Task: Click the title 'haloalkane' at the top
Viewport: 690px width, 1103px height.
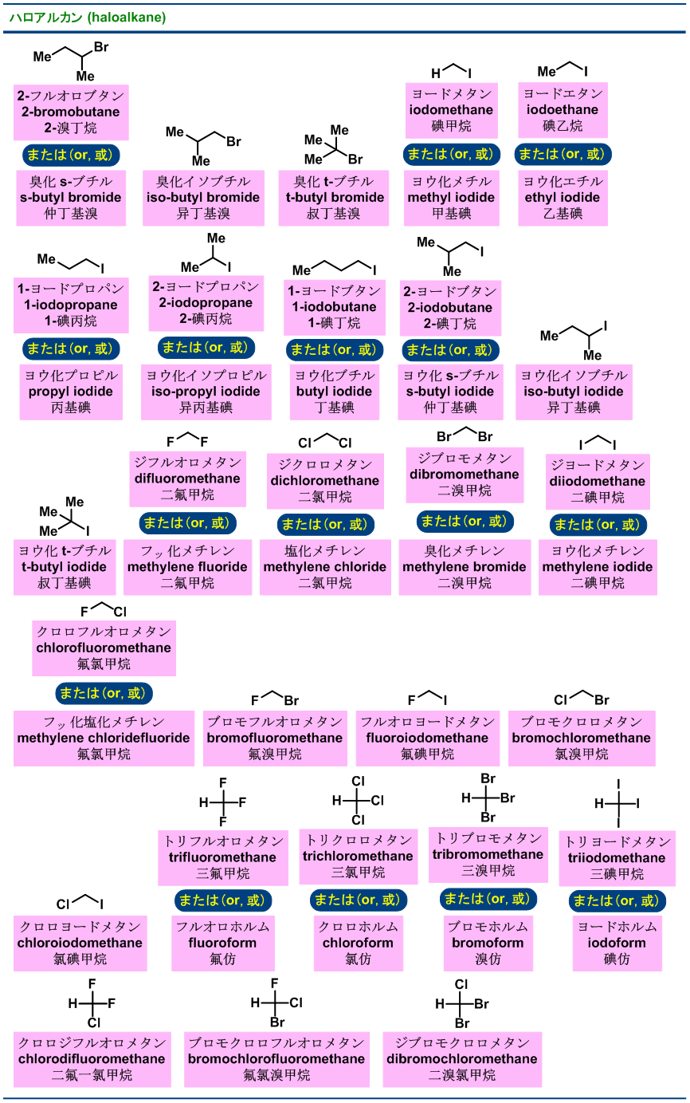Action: coord(127,18)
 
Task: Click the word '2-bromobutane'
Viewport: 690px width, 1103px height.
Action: coord(71,112)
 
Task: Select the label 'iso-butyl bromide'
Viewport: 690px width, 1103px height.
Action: coord(203,197)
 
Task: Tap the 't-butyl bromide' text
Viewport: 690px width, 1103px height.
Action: coord(334,197)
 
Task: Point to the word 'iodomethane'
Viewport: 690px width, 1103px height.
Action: coord(452,109)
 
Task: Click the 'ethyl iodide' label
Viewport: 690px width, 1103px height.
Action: coord(563,197)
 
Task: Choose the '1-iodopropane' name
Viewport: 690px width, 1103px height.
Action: coord(71,305)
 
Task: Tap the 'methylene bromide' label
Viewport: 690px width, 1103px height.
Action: coord(465,566)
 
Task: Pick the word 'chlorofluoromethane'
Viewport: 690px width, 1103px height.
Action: coord(104,648)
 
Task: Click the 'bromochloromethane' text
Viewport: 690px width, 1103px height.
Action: coord(582,738)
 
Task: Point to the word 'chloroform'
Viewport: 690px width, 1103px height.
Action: coord(358,943)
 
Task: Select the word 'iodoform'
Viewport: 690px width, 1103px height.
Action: coord(617,943)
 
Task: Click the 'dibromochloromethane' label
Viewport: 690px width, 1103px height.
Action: coord(462,1059)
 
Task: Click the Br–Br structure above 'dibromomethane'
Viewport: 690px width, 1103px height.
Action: coord(465,435)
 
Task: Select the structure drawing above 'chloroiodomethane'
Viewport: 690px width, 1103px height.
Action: coord(80,903)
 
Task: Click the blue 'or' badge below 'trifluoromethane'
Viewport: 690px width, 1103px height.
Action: coord(223,900)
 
